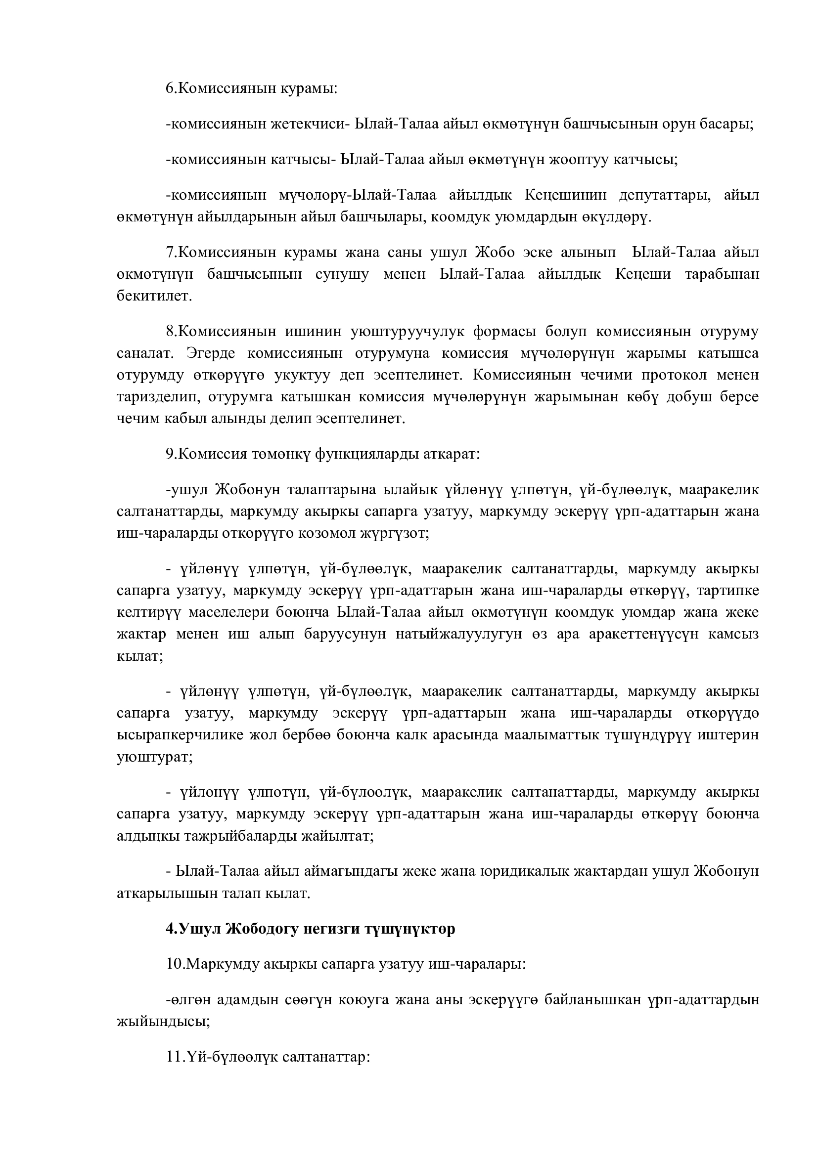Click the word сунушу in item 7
(343, 274)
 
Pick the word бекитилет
(154, 296)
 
